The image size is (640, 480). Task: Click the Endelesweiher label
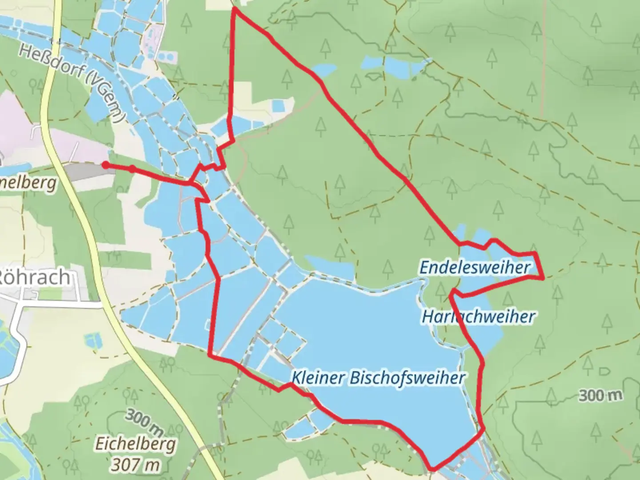click(475, 268)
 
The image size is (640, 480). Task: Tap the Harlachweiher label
click(478, 317)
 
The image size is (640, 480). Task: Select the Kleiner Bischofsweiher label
click(378, 378)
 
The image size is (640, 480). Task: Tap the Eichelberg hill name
click(136, 444)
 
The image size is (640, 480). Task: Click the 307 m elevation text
click(136, 464)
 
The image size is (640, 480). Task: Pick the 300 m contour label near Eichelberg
click(144, 423)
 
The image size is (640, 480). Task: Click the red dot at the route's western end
click(105, 165)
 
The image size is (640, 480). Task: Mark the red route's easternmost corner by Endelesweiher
click(543, 278)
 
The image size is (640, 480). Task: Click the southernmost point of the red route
click(432, 468)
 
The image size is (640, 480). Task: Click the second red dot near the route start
click(132, 168)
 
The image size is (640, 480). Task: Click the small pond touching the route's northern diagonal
click(323, 70)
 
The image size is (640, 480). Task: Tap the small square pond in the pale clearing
click(278, 106)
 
